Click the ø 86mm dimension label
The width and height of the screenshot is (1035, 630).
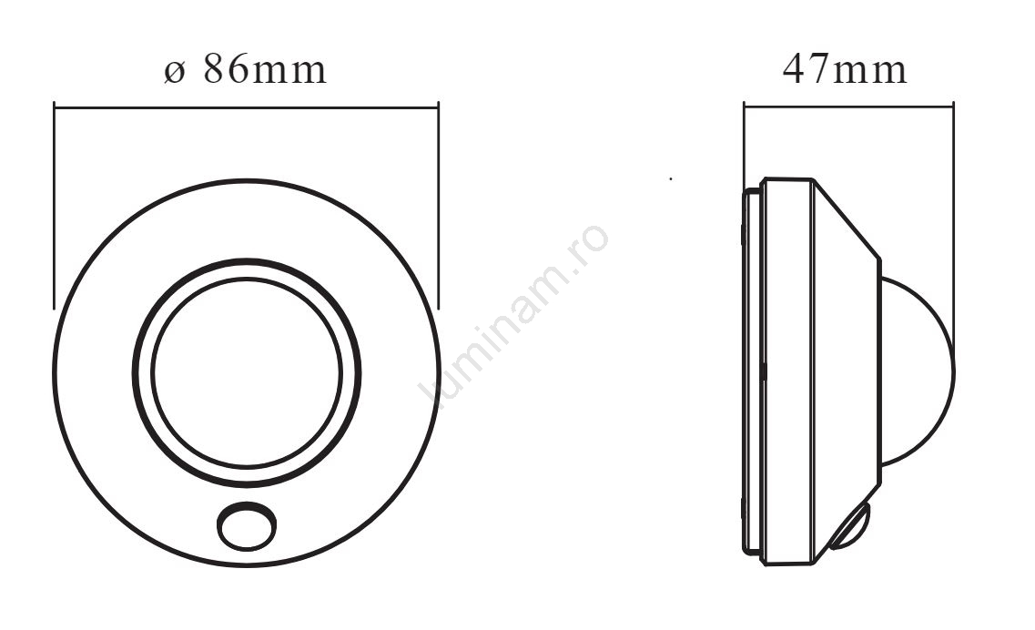click(245, 68)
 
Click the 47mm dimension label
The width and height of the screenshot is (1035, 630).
click(845, 68)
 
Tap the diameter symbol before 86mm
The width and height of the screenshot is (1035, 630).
click(174, 72)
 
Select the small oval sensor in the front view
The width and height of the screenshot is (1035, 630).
click(247, 526)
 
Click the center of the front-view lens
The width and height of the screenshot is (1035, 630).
click(246, 372)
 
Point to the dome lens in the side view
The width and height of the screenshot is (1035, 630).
click(918, 371)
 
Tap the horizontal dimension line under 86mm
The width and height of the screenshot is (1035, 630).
click(246, 107)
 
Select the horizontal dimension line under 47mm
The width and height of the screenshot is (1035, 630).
click(848, 106)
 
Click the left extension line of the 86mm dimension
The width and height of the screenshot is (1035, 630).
click(54, 206)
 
